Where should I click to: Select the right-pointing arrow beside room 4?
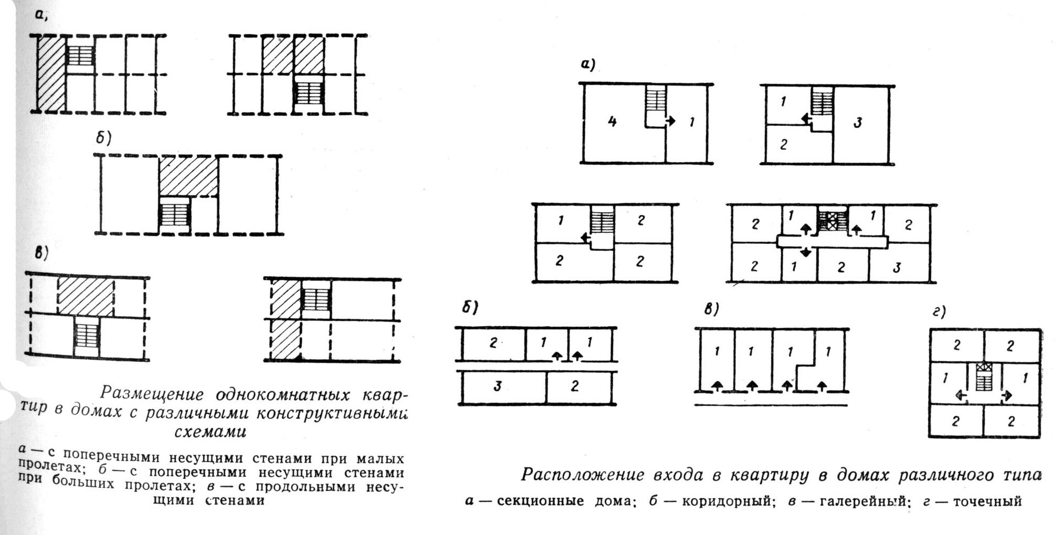pos(670,121)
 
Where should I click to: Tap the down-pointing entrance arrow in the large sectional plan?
pos(805,252)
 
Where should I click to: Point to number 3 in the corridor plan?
pos(497,386)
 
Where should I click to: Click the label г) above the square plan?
pos(939,313)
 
